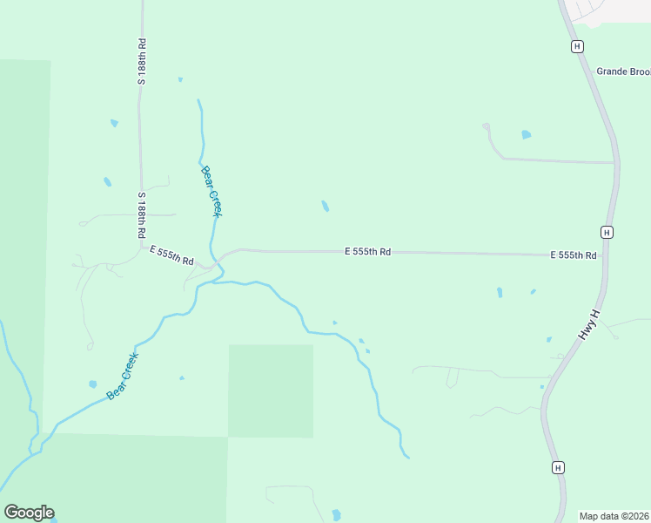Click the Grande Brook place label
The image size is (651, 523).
pyautogui.click(x=623, y=71)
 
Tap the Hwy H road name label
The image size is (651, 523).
pyautogui.click(x=589, y=324)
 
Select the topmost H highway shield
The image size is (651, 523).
pyautogui.click(x=576, y=46)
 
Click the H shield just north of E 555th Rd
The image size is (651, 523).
pyautogui.click(x=607, y=232)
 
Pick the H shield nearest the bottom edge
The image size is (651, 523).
pyautogui.click(x=558, y=467)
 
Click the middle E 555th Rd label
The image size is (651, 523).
pyautogui.click(x=367, y=251)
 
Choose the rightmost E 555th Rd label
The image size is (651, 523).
pyautogui.click(x=573, y=255)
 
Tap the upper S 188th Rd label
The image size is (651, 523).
pyautogui.click(x=141, y=61)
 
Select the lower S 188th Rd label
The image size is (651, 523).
pyautogui.click(x=141, y=216)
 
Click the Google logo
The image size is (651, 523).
pyautogui.click(x=29, y=513)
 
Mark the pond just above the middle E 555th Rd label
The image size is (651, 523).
pyautogui.click(x=325, y=207)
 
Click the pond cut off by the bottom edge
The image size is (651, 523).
pyautogui.click(x=337, y=515)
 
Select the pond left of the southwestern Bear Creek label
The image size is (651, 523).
pyautogui.click(x=92, y=384)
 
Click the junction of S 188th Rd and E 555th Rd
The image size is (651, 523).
pyautogui.click(x=141, y=247)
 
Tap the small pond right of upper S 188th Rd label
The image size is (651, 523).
pyautogui.click(x=180, y=79)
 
